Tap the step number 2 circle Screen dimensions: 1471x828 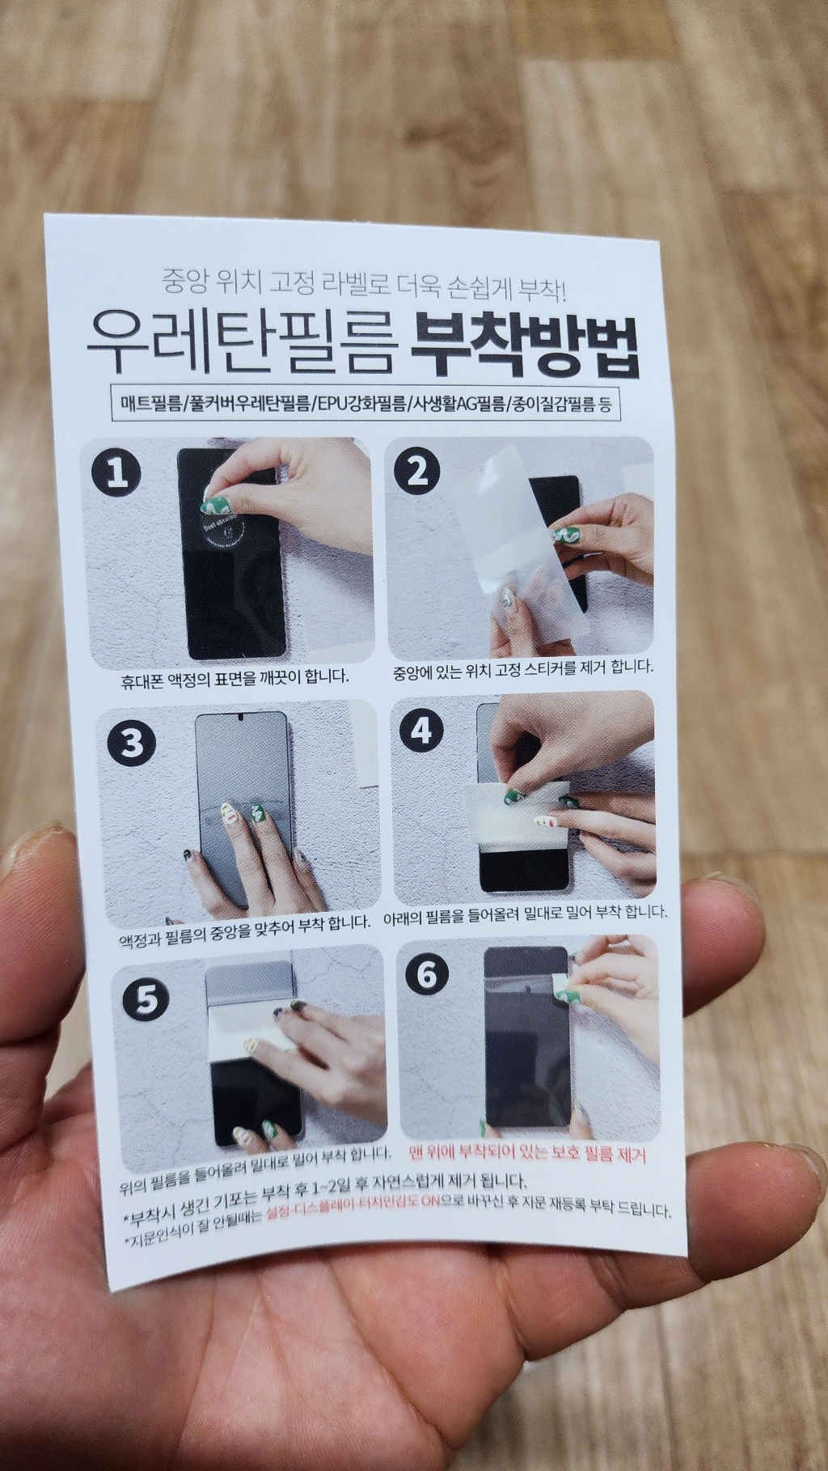tap(416, 471)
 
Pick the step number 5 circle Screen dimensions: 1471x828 tap(146, 1000)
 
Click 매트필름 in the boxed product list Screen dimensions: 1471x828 tap(150, 404)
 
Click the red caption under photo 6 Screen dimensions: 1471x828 tap(527, 1151)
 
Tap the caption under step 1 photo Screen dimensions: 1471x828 tap(235, 676)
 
